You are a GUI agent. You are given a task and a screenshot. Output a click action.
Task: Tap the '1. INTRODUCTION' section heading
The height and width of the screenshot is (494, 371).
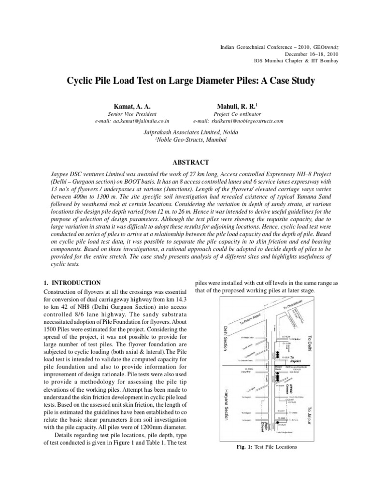click(x=72, y=283)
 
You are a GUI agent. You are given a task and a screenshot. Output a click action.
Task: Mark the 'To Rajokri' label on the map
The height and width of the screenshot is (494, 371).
click(x=295, y=359)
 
